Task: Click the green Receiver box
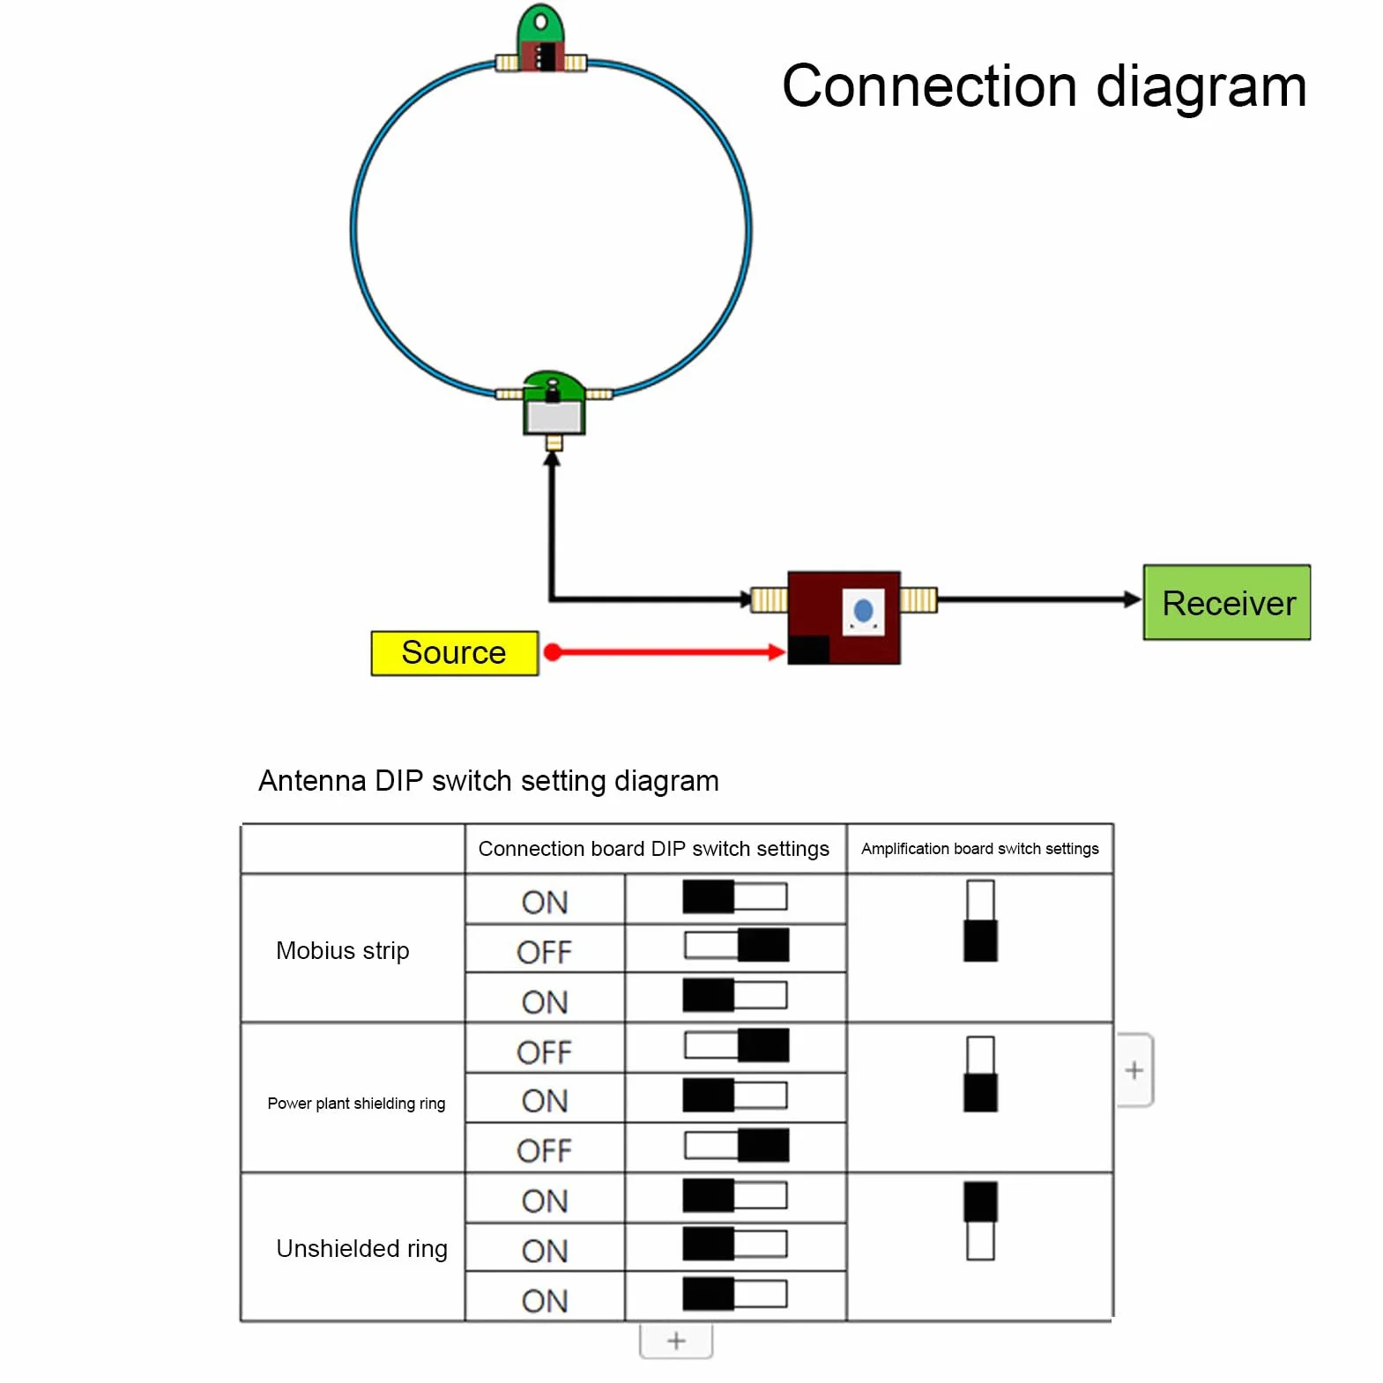pyautogui.click(x=1226, y=602)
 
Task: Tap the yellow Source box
pyautogui.click(x=454, y=653)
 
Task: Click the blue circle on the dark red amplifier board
pyautogui.click(x=863, y=610)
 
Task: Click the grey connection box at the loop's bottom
pyautogui.click(x=553, y=416)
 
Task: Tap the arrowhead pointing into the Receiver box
pyautogui.click(x=1133, y=599)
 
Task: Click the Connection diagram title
pyautogui.click(x=1044, y=86)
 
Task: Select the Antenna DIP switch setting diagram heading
pyautogui.click(x=488, y=781)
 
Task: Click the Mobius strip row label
pyautogui.click(x=342, y=950)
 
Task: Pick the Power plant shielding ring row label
pyautogui.click(x=356, y=1103)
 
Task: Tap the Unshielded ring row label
pyautogui.click(x=361, y=1248)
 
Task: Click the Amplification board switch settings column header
pyautogui.click(x=979, y=849)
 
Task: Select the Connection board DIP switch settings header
pyautogui.click(x=653, y=849)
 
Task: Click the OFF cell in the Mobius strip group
pyautogui.click(x=544, y=952)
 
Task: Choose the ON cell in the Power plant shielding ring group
pyautogui.click(x=544, y=1101)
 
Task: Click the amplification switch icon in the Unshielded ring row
pyautogui.click(x=980, y=1221)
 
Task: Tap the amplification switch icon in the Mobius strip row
pyautogui.click(x=980, y=920)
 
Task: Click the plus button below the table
pyautogui.click(x=676, y=1341)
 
